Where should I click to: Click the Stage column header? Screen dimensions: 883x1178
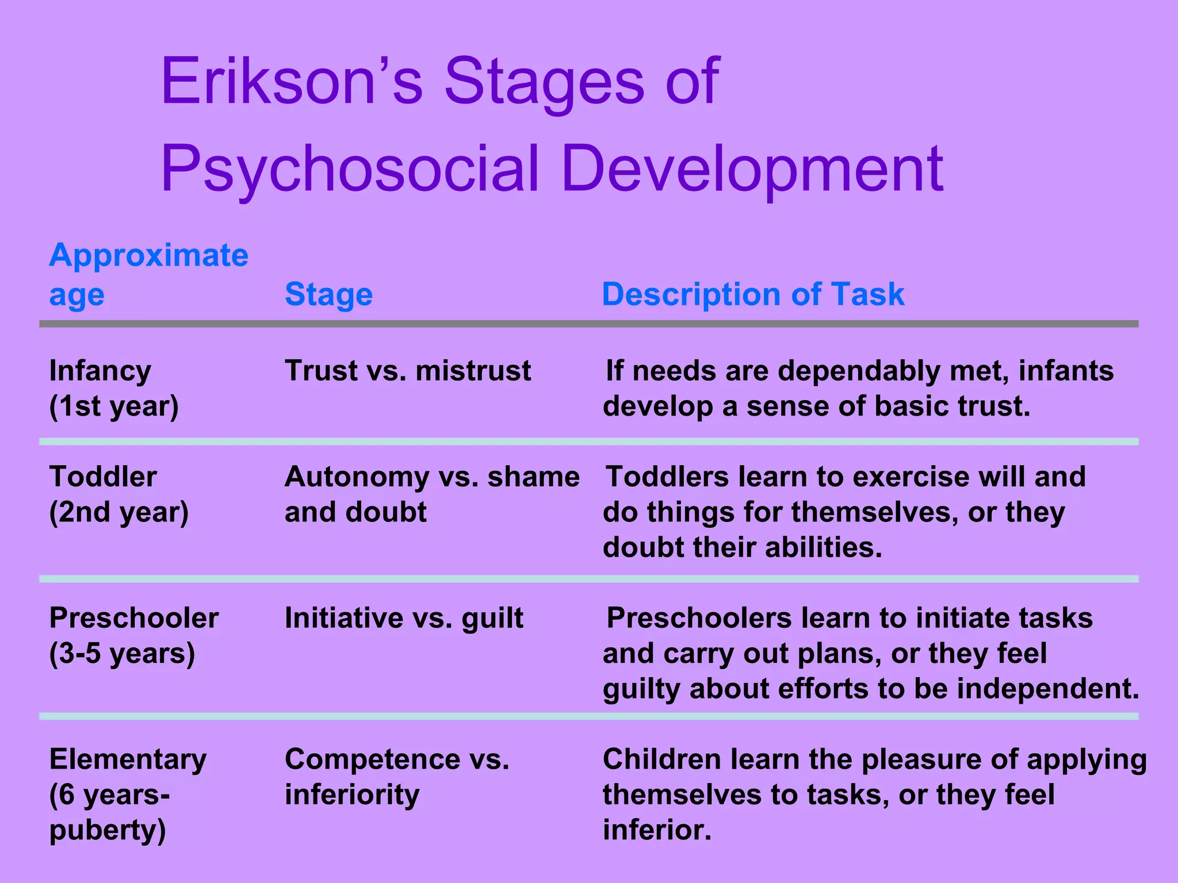click(x=328, y=294)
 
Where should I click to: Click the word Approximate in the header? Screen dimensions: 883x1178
click(x=148, y=255)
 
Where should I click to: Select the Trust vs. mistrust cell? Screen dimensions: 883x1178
click(x=407, y=371)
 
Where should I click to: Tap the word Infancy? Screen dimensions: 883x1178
click(x=100, y=371)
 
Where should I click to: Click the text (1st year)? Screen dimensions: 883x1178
click(x=114, y=406)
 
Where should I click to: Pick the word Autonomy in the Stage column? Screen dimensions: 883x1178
click(x=357, y=477)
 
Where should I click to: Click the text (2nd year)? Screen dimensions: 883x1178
click(x=119, y=512)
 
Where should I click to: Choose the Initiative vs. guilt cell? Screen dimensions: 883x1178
click(x=404, y=619)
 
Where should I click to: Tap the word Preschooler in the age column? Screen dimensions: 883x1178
click(x=134, y=619)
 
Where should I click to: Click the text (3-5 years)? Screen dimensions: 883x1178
click(x=122, y=654)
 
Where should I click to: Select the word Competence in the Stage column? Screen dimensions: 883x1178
click(x=372, y=759)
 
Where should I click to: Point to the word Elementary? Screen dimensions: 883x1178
click(x=128, y=760)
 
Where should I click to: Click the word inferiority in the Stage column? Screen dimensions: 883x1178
click(x=352, y=795)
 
